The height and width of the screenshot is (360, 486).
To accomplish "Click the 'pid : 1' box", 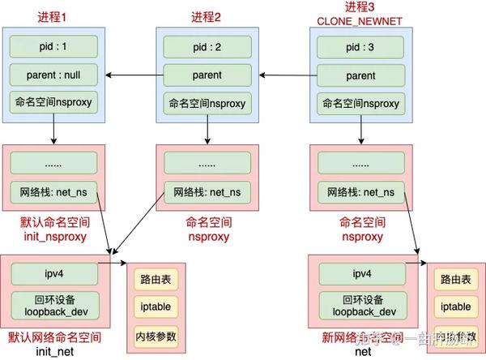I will (53, 46).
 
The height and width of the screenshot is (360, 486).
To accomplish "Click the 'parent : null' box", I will (53, 75).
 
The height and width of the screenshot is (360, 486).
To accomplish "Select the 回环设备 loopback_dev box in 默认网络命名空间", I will (53, 304).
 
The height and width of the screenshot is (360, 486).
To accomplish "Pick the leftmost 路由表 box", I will (158, 280).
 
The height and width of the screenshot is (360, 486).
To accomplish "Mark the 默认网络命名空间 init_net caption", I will (53, 344).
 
